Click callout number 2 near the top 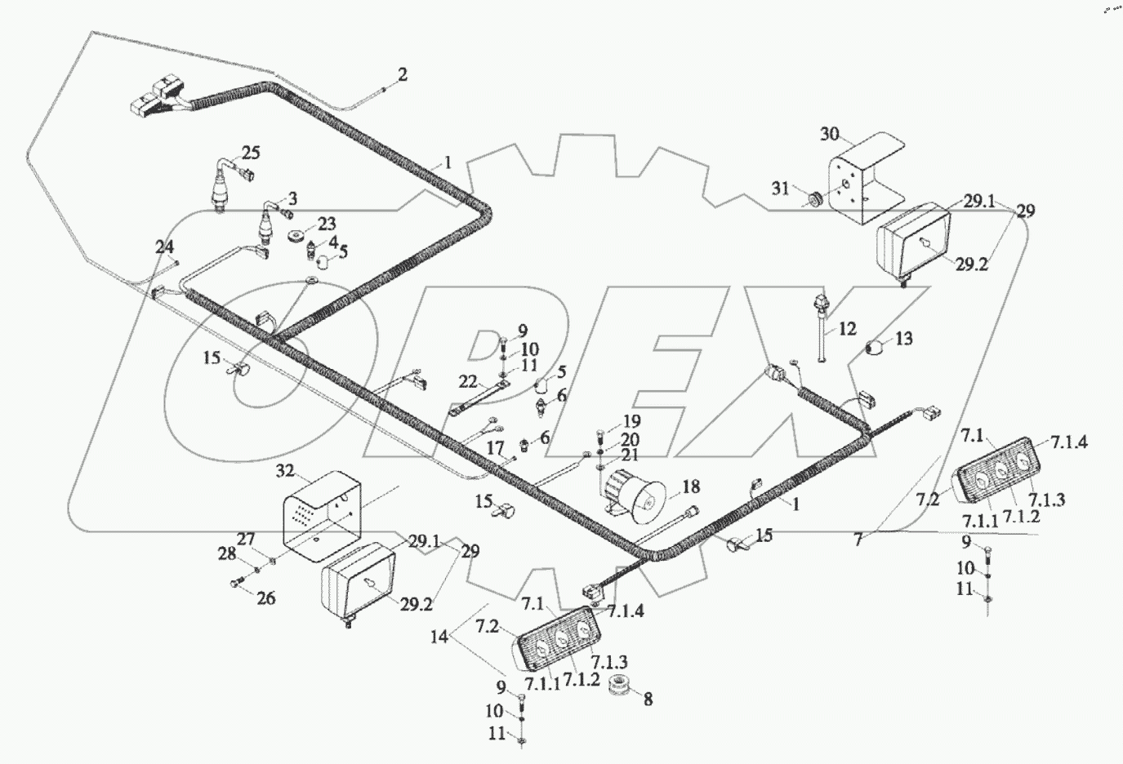[x=401, y=75]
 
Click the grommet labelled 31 [x=813, y=198]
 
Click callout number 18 [x=690, y=487]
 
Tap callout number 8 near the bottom [x=648, y=699]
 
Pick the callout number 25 [x=250, y=153]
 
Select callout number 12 [x=847, y=329]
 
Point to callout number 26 [x=265, y=597]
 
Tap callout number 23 [x=304, y=223]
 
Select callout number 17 [x=496, y=448]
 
